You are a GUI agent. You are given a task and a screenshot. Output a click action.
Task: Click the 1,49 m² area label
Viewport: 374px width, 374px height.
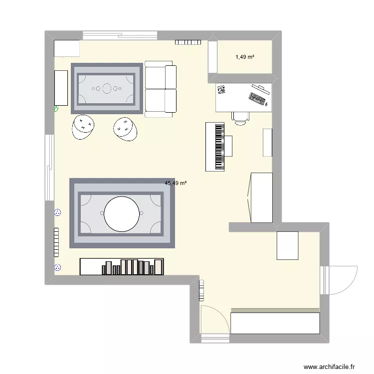245,57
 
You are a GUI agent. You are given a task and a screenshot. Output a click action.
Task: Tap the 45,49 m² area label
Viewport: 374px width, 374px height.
176,183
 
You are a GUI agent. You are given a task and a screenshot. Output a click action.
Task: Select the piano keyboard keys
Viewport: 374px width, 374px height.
219,147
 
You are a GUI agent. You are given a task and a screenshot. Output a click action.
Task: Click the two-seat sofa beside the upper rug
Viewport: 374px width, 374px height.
161,89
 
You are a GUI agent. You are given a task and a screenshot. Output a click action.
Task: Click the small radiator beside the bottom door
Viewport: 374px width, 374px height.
201,290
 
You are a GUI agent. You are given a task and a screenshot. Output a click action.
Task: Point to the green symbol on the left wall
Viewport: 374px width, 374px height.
56,108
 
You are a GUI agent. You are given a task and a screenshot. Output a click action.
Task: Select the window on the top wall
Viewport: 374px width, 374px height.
120,35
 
